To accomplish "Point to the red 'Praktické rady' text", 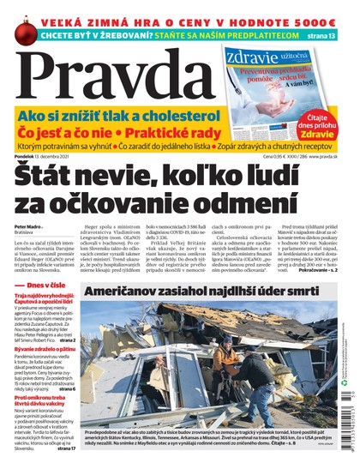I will coord(167,132).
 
